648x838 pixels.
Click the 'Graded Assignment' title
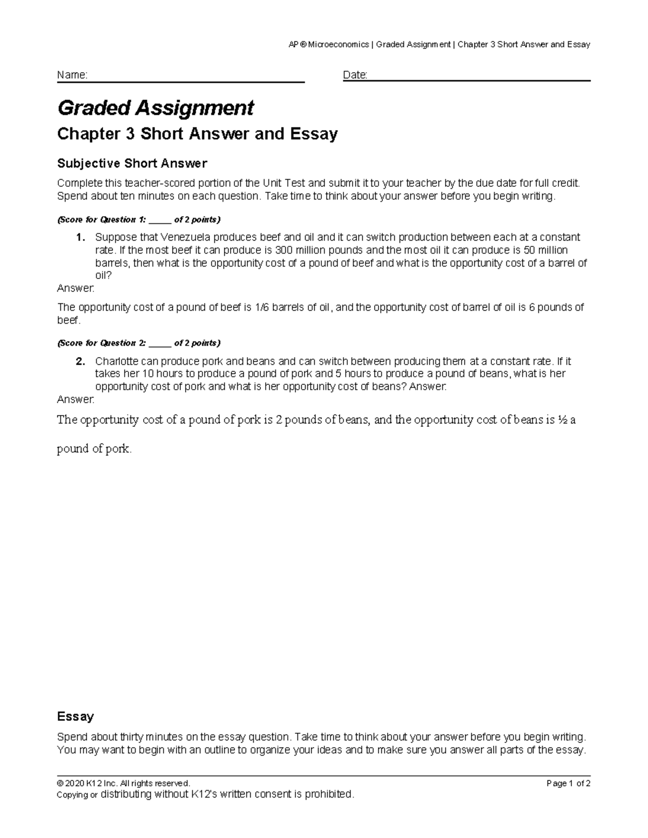pyautogui.click(x=156, y=108)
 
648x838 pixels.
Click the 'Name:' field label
pyautogui.click(x=72, y=75)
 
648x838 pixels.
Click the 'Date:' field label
pyautogui.click(x=355, y=75)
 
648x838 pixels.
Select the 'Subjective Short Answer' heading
pyautogui.click(x=132, y=163)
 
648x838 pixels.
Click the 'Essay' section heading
pyautogui.click(x=75, y=717)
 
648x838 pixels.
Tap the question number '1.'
pyautogui.click(x=81, y=237)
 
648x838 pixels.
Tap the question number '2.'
pyautogui.click(x=81, y=362)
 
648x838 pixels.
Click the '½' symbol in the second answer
pyautogui.click(x=563, y=420)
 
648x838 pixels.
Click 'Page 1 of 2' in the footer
pyautogui.click(x=568, y=783)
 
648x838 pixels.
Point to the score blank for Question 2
pyautogui.click(x=160, y=343)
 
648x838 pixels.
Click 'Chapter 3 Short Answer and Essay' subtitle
pyautogui.click(x=197, y=134)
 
